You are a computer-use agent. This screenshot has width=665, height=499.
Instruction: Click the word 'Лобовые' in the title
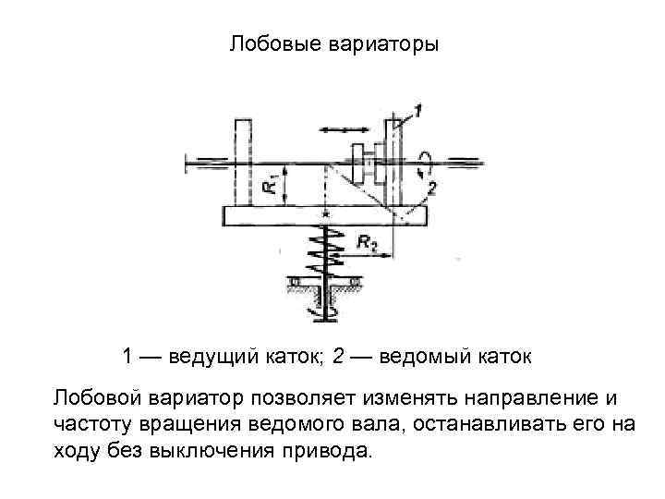coord(269,44)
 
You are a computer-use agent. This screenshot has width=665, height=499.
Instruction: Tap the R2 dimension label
coord(367,243)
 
